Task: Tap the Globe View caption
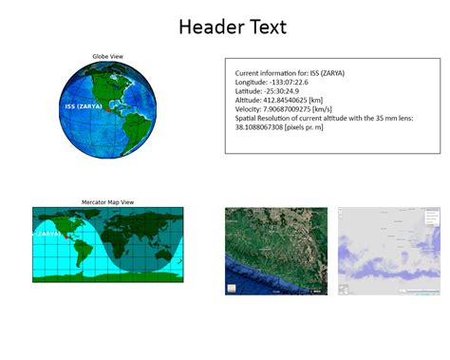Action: click(106, 56)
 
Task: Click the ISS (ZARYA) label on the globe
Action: click(84, 106)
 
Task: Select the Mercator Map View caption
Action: click(106, 202)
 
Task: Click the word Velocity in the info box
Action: click(250, 108)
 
